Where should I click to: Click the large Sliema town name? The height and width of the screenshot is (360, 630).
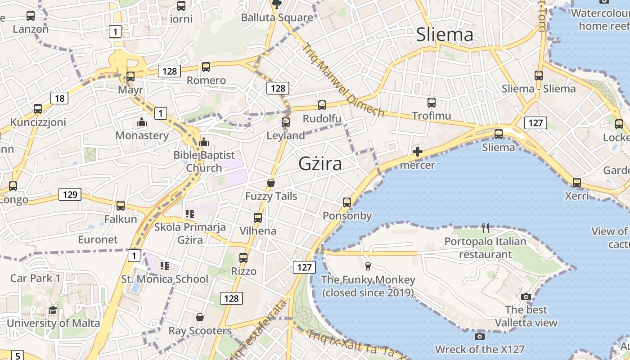[445, 35]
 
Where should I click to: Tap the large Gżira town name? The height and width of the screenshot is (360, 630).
[320, 164]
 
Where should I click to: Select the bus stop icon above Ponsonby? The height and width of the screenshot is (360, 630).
[346, 202]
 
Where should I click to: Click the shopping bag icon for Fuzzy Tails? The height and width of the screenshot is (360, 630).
[271, 183]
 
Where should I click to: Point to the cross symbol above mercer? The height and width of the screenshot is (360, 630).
[418, 152]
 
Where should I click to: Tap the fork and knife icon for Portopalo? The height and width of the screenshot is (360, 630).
[485, 228]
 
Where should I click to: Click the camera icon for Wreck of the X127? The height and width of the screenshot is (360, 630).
[479, 336]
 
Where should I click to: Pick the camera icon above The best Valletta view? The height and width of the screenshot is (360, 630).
[526, 297]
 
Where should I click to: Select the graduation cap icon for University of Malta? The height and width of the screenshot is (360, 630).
[53, 310]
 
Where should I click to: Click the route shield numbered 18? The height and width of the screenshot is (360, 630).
[59, 98]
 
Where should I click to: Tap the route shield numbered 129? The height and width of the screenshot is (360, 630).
[70, 195]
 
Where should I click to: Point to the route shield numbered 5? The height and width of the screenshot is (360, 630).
[17, 355]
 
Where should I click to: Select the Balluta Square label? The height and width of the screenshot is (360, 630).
[277, 18]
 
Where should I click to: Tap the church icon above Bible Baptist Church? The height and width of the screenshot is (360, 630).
[204, 142]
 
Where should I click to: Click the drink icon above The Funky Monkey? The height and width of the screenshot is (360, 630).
[368, 266]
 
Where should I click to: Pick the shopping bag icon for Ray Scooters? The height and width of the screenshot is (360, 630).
[200, 318]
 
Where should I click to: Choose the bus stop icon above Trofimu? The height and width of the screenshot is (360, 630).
[432, 103]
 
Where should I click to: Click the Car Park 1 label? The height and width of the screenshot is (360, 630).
[35, 278]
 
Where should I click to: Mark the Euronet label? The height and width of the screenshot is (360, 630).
[98, 239]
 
